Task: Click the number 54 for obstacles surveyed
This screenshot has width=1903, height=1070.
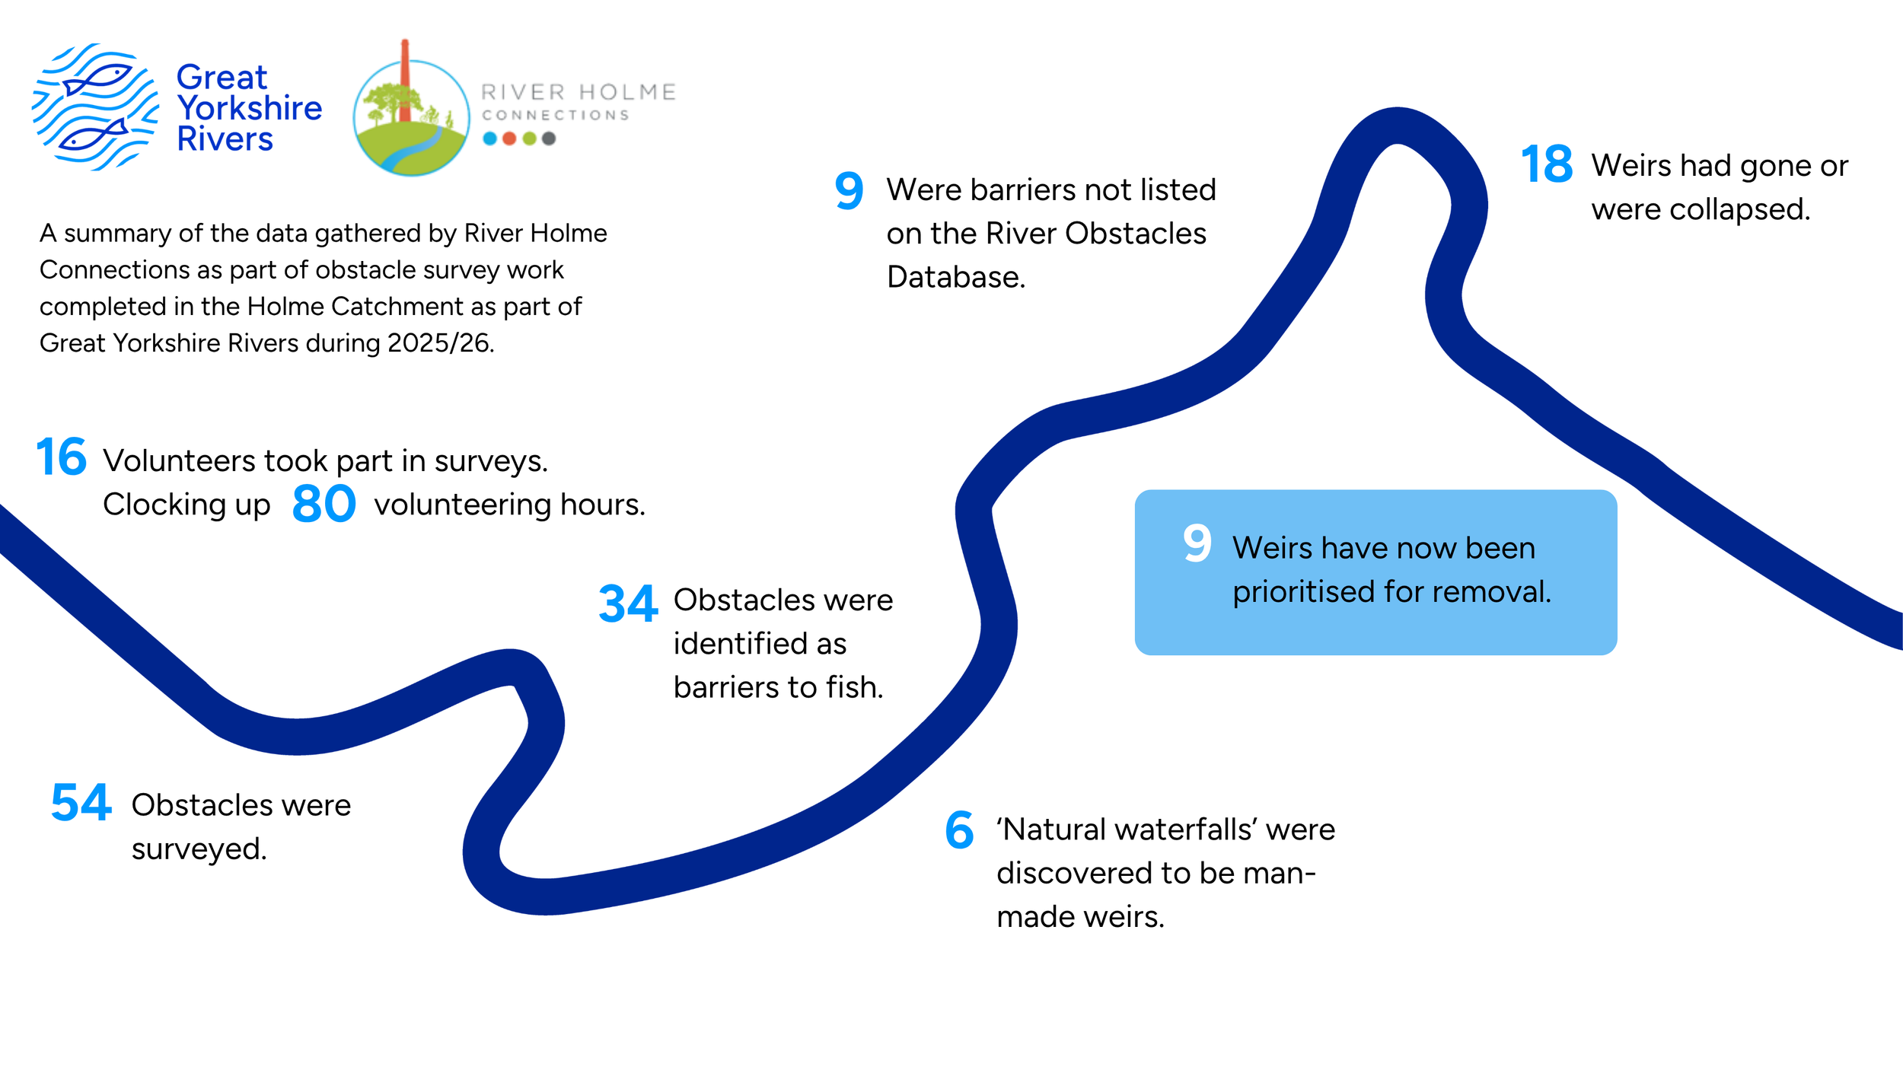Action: pos(81,804)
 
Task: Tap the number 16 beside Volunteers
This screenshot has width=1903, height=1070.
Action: pos(62,457)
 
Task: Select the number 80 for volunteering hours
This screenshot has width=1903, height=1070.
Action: pos(324,505)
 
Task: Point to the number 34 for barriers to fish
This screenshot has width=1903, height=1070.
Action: pos(628,604)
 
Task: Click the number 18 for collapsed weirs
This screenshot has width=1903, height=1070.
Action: pos(1547,164)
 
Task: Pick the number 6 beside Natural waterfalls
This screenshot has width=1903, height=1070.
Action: pos(959,830)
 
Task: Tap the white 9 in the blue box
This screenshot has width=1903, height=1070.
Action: pos(1197,543)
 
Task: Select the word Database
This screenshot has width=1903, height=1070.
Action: pos(955,277)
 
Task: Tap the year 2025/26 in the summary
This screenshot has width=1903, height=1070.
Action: pos(439,343)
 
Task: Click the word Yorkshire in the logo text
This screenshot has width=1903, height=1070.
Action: pos(250,108)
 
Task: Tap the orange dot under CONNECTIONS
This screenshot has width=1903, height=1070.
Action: pos(509,139)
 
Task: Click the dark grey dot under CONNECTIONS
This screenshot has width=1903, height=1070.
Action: pos(549,139)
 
